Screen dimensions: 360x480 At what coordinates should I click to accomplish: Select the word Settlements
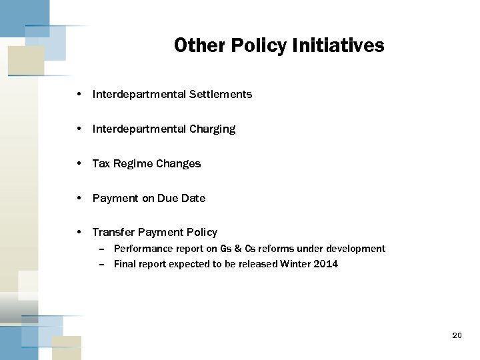coord(221,95)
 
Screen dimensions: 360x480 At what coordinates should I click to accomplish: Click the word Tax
coord(101,164)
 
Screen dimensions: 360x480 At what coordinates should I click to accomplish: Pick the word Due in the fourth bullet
coord(167,199)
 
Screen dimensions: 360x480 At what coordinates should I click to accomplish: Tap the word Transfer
coord(113,233)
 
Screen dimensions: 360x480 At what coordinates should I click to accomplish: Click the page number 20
coord(457,335)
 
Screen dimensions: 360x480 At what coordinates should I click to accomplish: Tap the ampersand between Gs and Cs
coord(237,249)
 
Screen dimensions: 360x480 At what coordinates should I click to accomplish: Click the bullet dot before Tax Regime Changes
coord(79,164)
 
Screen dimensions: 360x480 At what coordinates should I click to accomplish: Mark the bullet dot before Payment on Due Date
coord(79,199)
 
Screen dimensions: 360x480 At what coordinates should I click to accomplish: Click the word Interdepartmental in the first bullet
coord(139,95)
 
